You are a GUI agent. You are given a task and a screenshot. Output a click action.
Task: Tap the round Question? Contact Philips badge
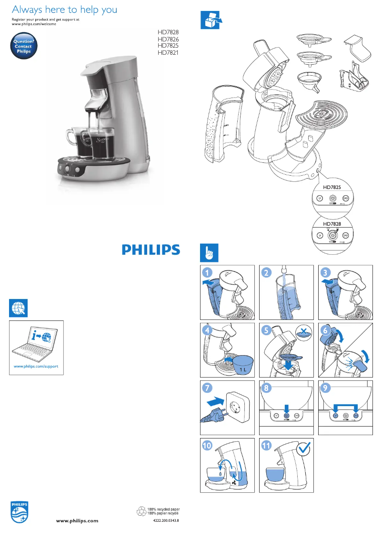23,46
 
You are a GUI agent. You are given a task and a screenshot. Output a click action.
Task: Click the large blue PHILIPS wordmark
151,249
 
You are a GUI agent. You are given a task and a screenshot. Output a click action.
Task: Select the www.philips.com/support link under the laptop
36,367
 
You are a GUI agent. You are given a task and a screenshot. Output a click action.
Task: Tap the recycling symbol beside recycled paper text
141,511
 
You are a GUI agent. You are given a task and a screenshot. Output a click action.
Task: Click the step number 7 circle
207,388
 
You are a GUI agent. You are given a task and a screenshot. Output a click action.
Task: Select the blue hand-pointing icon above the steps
208,252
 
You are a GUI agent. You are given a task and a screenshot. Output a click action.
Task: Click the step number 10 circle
208,447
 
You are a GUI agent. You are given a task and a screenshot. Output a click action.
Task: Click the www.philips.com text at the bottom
77,521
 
